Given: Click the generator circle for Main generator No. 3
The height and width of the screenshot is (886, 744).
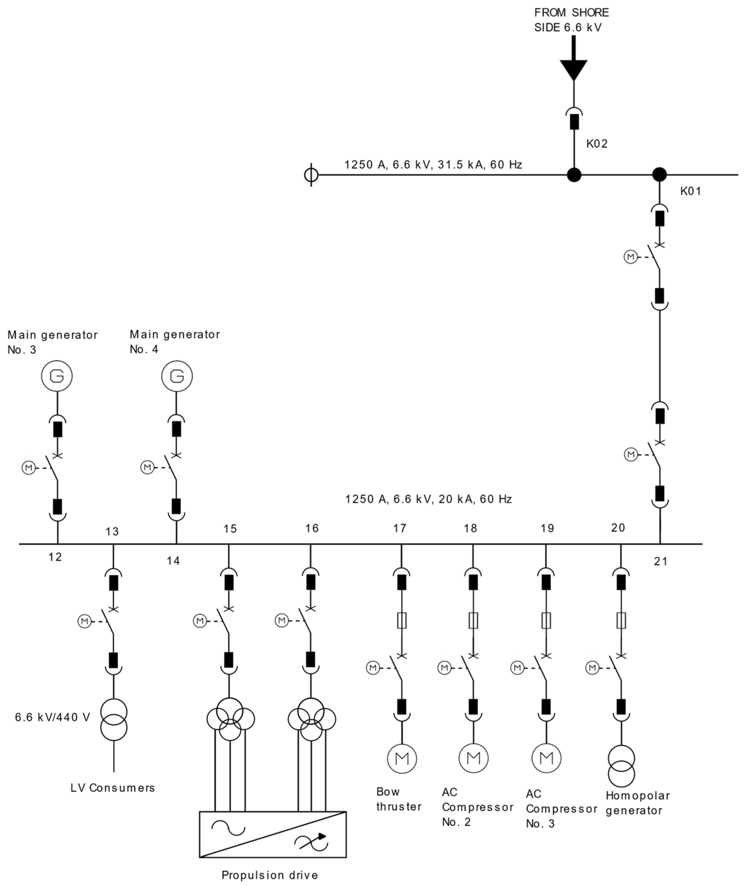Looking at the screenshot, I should click(x=57, y=376).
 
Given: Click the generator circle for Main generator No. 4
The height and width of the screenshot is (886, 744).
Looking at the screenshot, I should click(x=177, y=376).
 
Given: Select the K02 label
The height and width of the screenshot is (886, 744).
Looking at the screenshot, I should click(x=597, y=144).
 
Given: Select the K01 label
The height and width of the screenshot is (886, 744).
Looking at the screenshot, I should click(x=690, y=191).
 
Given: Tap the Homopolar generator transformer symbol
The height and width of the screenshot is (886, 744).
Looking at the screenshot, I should click(x=621, y=766).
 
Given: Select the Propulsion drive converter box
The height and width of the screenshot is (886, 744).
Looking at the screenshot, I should click(x=273, y=834).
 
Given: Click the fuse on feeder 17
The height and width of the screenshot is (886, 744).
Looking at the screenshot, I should click(x=402, y=621).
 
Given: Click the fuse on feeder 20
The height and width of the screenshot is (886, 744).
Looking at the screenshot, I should click(x=621, y=621).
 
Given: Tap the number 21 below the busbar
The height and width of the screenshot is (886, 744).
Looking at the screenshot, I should click(x=661, y=561).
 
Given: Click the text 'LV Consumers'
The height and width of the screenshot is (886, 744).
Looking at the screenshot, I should click(x=113, y=788).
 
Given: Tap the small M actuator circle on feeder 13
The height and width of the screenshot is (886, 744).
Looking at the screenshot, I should click(x=84, y=621).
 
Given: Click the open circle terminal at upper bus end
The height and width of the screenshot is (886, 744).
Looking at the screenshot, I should click(x=311, y=175).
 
